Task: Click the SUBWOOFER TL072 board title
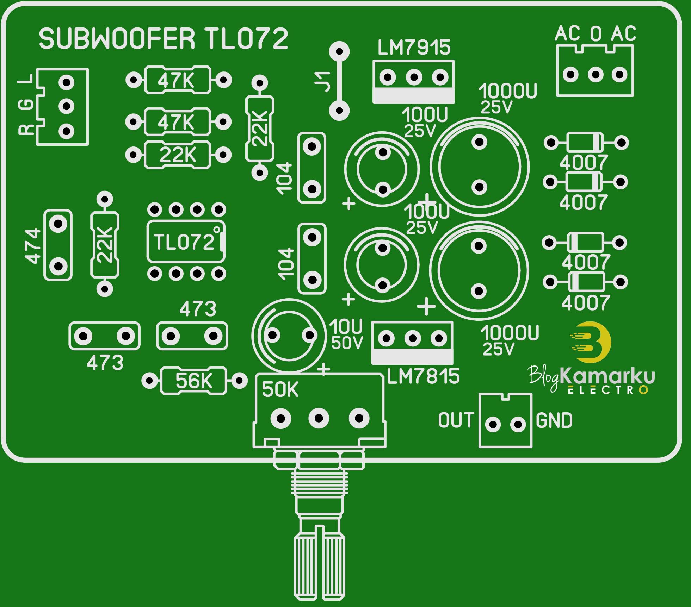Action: pyautogui.click(x=164, y=39)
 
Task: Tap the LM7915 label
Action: pyautogui.click(x=414, y=48)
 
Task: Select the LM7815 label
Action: pyautogui.click(x=423, y=377)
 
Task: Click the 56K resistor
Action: pyautogui.click(x=194, y=381)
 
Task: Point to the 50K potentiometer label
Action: pyautogui.click(x=280, y=390)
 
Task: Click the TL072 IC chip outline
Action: pyautogui.click(x=186, y=242)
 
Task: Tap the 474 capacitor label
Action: pyautogui.click(x=32, y=246)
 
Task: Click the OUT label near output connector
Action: pyautogui.click(x=456, y=420)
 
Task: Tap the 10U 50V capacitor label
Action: pyautogui.click(x=346, y=335)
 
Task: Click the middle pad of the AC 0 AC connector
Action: pyautogui.click(x=596, y=75)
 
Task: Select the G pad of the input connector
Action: pyautogui.click(x=66, y=106)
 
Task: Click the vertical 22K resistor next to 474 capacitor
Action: pyautogui.click(x=105, y=244)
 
